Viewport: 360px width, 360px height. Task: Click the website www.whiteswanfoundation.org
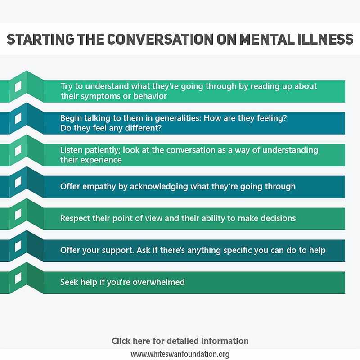(x=180, y=354)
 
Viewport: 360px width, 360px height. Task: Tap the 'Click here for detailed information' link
(x=180, y=341)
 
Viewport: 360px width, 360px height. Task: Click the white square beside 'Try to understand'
(x=18, y=87)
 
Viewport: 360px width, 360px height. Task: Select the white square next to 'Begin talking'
(x=18, y=119)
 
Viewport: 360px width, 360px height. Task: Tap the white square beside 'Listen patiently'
(x=18, y=151)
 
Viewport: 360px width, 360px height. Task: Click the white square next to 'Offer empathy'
(x=18, y=182)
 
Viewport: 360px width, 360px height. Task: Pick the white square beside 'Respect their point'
(x=18, y=214)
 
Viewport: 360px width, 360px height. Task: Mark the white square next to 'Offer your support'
(x=18, y=246)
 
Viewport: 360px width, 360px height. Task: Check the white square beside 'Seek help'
(x=18, y=278)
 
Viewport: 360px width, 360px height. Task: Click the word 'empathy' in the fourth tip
(x=99, y=186)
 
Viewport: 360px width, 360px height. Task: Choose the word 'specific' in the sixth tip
(x=235, y=250)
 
